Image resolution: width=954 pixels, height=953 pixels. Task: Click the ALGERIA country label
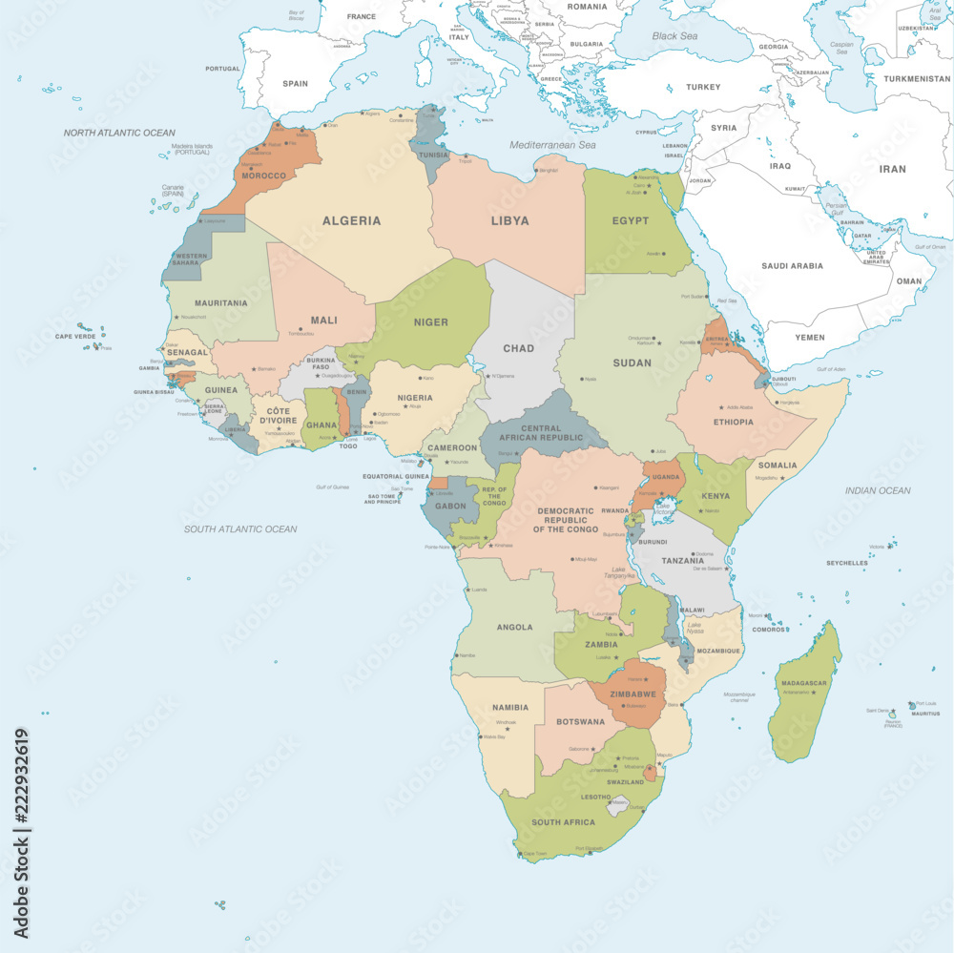pyautogui.click(x=351, y=220)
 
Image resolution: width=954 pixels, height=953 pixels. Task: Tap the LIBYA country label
pyautogui.click(x=509, y=220)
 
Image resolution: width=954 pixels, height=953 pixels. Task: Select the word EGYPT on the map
pyautogui.click(x=630, y=220)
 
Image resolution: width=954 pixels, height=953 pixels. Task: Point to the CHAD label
pyautogui.click(x=518, y=348)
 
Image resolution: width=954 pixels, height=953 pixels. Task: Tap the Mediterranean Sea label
pyautogui.click(x=551, y=145)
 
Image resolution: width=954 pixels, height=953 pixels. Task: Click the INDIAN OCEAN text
pyautogui.click(x=878, y=490)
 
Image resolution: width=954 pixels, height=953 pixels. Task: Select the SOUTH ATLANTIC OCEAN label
pyautogui.click(x=240, y=528)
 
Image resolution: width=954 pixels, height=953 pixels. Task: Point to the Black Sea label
pyautogui.click(x=674, y=36)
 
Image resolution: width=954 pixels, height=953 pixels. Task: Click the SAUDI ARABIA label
pyautogui.click(x=792, y=266)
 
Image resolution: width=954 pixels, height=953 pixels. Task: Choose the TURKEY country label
pyautogui.click(x=703, y=87)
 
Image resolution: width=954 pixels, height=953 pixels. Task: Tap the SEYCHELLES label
pyautogui.click(x=847, y=563)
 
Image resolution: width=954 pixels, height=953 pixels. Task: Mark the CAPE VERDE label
pyautogui.click(x=75, y=336)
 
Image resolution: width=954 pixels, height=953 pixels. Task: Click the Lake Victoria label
pyautogui.click(x=663, y=509)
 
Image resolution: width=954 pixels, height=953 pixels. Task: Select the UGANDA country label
pyautogui.click(x=666, y=477)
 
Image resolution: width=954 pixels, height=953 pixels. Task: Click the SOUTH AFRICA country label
pyautogui.click(x=563, y=822)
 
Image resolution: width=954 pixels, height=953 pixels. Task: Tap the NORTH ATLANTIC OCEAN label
pyautogui.click(x=119, y=133)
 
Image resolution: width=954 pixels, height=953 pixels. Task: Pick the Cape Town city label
pyautogui.click(x=535, y=853)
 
